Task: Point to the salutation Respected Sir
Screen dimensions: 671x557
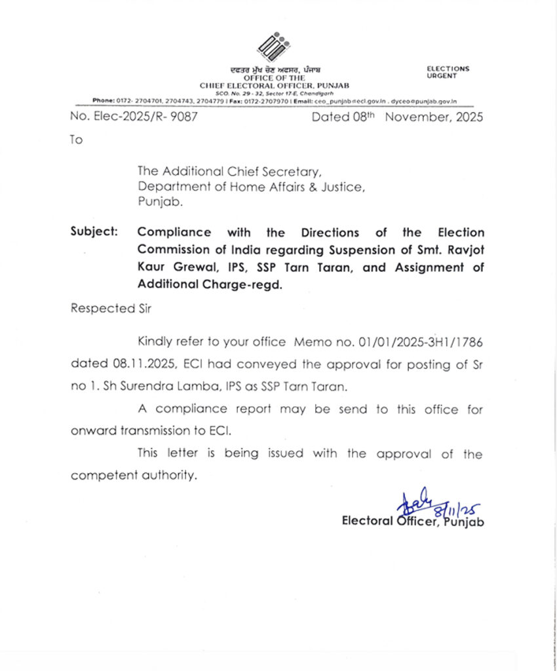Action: click(x=102, y=309)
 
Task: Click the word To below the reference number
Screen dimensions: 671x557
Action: click(x=77, y=140)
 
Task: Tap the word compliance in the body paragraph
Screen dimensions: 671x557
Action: click(x=191, y=409)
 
